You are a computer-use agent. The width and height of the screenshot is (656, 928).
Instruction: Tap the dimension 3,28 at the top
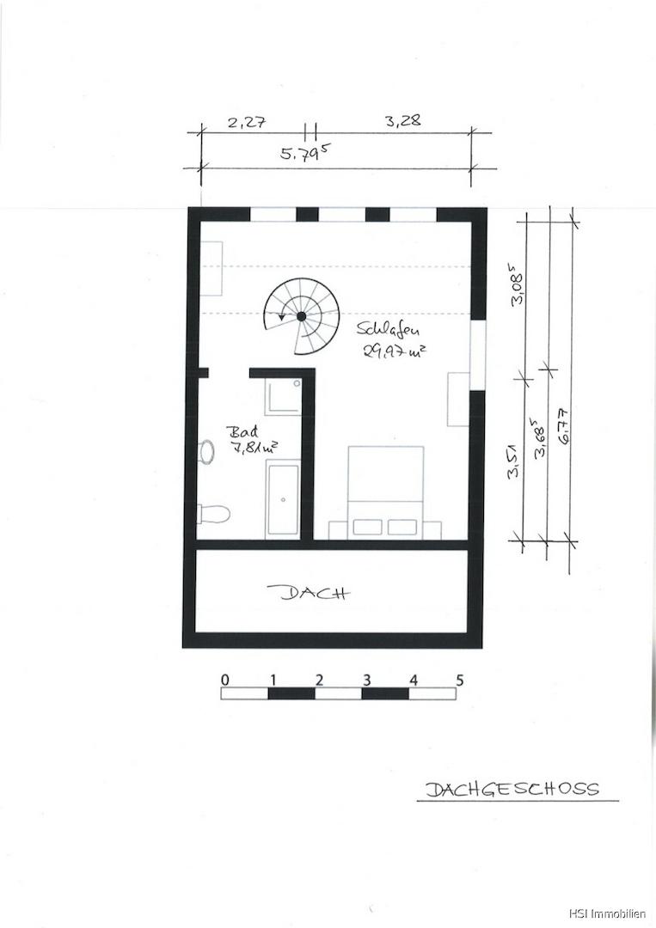pyautogui.click(x=402, y=120)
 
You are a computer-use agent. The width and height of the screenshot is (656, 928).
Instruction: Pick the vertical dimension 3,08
pyautogui.click(x=516, y=287)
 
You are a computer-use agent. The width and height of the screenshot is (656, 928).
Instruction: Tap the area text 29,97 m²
pyautogui.click(x=395, y=351)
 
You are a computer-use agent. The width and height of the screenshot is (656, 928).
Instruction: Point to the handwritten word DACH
pyautogui.click(x=308, y=592)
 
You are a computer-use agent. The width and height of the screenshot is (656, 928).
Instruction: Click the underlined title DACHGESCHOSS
pyautogui.click(x=512, y=788)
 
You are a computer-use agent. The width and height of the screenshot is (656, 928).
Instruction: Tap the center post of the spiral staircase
pyautogui.click(x=302, y=315)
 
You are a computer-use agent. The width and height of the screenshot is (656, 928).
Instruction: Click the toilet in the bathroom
pyautogui.click(x=213, y=513)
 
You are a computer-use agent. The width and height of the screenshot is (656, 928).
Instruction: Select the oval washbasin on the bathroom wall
pyautogui.click(x=206, y=452)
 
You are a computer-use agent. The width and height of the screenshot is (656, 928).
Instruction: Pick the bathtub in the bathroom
pyautogui.click(x=283, y=499)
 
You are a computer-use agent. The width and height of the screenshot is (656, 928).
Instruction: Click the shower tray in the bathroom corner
pyautogui.click(x=283, y=395)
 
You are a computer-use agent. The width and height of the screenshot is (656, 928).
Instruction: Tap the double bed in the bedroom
pyautogui.click(x=385, y=492)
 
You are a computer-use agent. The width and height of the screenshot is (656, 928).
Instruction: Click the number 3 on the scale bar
pyautogui.click(x=366, y=680)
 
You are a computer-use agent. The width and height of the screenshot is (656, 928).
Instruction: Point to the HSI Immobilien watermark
pyautogui.click(x=608, y=914)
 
